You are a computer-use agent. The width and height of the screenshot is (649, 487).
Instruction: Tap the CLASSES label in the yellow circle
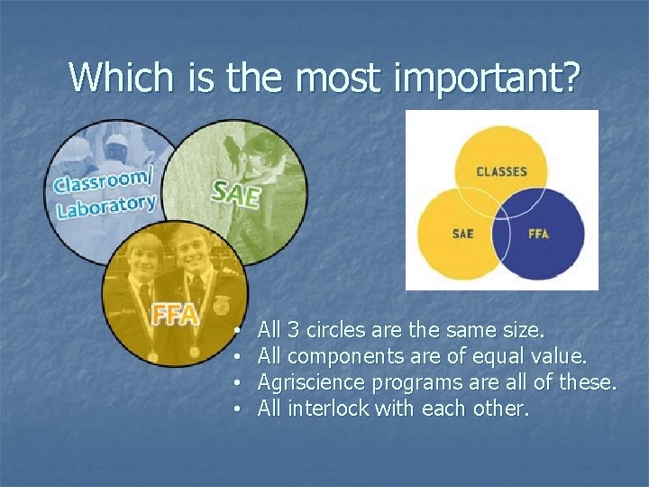(x=501, y=171)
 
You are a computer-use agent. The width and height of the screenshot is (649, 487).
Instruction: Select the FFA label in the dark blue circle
(x=538, y=234)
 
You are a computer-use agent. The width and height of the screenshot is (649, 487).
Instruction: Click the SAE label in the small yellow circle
(x=462, y=234)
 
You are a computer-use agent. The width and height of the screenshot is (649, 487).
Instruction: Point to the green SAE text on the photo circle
(x=235, y=192)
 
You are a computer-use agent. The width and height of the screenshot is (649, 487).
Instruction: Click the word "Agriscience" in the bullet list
(x=306, y=383)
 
